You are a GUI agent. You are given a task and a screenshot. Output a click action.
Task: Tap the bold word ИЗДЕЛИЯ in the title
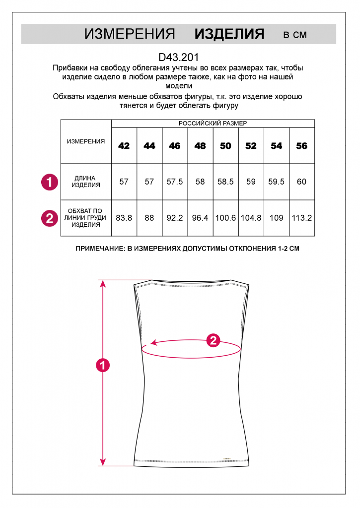(x=229, y=34)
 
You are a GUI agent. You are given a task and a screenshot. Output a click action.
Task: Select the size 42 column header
(x=124, y=146)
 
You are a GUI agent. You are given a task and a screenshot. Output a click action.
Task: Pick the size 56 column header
(x=301, y=146)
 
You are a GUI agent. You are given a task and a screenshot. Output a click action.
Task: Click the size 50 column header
(x=225, y=146)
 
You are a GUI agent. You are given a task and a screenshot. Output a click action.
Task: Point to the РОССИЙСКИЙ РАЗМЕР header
(x=213, y=123)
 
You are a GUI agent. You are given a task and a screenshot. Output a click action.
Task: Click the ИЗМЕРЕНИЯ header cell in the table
(x=86, y=141)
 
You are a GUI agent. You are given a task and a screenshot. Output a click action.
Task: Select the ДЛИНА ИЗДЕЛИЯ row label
(x=86, y=182)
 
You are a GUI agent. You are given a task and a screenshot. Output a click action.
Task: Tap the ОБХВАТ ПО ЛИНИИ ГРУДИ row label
(x=86, y=218)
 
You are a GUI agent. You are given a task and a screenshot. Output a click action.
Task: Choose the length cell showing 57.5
(x=175, y=182)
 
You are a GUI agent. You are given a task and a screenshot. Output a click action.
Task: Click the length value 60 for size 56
(x=301, y=182)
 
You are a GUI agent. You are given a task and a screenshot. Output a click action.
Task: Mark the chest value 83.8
(x=124, y=218)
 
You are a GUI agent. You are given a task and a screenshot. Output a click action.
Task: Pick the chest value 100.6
(x=225, y=218)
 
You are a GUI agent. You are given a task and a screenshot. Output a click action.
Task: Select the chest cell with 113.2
(x=301, y=218)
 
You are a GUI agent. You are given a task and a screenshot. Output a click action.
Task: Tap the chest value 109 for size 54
(x=277, y=218)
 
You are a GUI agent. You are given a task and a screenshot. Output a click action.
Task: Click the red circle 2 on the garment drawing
(x=213, y=340)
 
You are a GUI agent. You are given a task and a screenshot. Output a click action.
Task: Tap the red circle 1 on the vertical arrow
(x=102, y=366)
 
